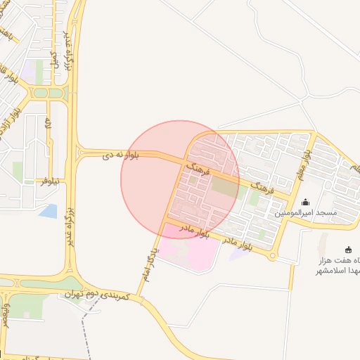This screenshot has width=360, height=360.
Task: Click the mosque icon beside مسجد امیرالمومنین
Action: point(305,202)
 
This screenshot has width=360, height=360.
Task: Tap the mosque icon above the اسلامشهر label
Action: point(348,250)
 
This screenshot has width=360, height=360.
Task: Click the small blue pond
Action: point(49,210)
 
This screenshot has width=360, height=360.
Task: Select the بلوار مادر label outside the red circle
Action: point(238,244)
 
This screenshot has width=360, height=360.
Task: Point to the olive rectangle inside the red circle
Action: point(224,187)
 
